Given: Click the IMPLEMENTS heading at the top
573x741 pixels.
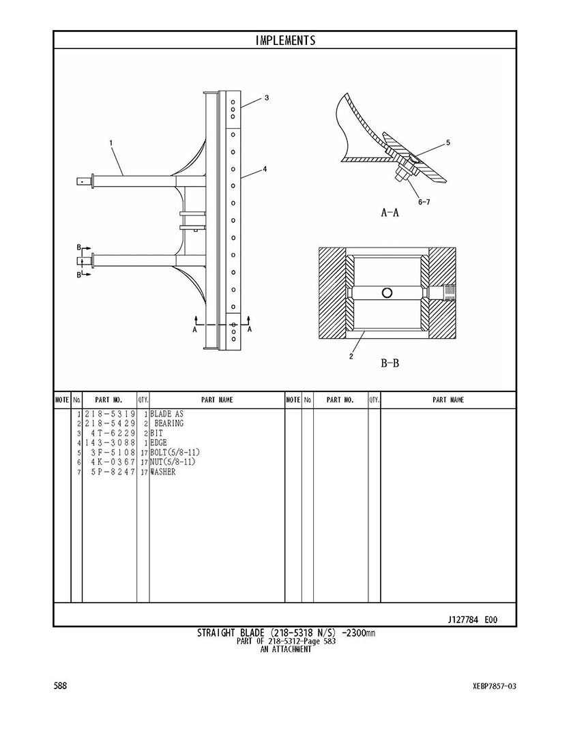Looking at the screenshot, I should point(285,40).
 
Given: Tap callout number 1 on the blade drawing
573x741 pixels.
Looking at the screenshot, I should point(111,143).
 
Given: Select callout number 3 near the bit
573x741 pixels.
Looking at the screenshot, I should point(266,98).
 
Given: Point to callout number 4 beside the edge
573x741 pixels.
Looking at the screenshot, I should point(265,169).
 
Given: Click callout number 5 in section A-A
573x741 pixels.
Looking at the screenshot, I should point(447,143).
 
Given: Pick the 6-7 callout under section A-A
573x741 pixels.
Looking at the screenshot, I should point(423,202).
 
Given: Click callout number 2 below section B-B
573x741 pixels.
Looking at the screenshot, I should point(351,356).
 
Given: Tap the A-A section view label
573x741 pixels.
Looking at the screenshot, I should point(390,213).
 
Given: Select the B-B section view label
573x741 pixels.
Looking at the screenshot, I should point(390,363).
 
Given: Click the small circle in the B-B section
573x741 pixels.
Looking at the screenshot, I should point(387,293).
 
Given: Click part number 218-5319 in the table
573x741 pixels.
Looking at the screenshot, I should point(110,414).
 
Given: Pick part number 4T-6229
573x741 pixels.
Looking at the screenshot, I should point(113,433).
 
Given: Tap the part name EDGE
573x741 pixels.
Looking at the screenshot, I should point(158,442).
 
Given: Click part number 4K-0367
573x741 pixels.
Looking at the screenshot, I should point(113,462).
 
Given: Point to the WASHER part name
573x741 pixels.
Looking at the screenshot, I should point(162,472).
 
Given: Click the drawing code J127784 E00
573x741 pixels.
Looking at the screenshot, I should point(472,620).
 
